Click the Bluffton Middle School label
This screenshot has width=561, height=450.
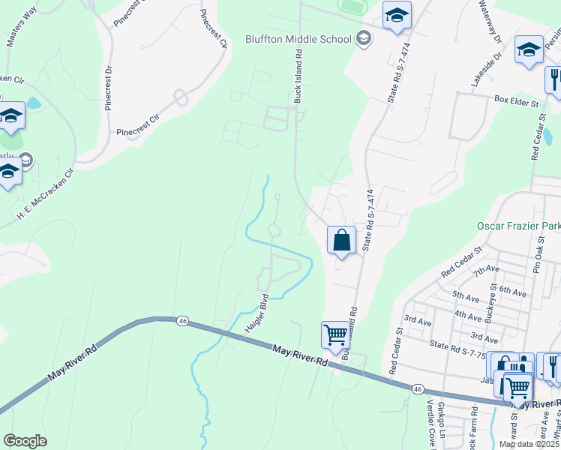[298, 39]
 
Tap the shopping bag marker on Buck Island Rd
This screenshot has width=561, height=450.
[341, 241]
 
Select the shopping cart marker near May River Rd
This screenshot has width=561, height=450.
[334, 335]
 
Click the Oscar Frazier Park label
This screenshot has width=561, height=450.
[518, 226]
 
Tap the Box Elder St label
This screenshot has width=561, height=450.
[515, 99]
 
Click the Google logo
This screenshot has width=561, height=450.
[25, 440]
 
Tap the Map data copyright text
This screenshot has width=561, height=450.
[529, 444]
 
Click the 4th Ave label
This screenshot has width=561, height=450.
[468, 316]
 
